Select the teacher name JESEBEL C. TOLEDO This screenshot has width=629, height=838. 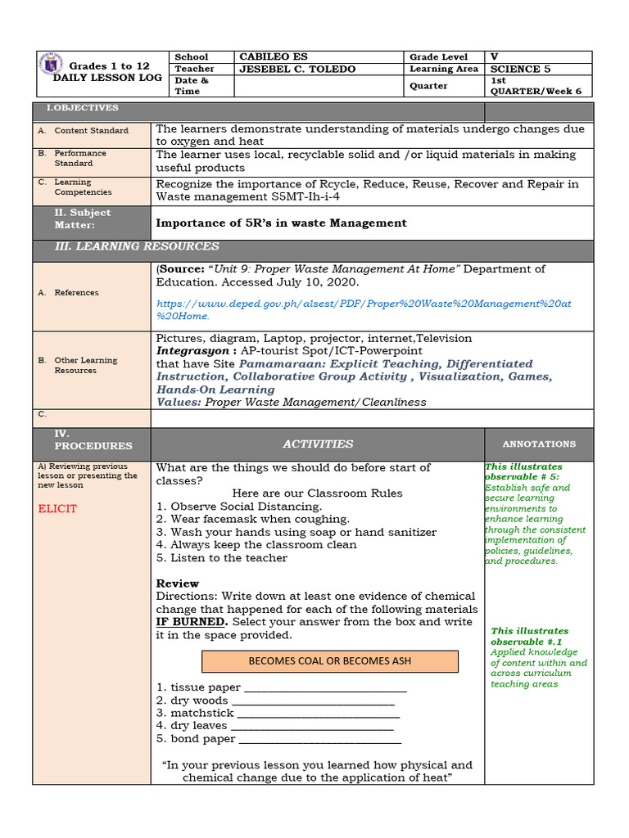coord(296,70)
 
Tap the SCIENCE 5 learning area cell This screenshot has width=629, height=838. coord(515,70)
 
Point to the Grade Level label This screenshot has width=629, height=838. coord(439,57)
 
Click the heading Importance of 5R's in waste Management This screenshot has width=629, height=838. coord(281,223)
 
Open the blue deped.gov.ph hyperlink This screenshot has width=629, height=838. coord(364,309)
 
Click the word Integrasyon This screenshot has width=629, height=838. coord(188,351)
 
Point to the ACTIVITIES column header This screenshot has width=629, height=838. coord(318,444)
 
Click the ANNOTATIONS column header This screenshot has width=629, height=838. coord(539,444)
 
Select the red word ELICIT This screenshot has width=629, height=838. coord(57,509)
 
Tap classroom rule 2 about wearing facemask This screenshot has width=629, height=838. coord(252,519)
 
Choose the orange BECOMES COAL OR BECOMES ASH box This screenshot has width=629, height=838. coord(330,661)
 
